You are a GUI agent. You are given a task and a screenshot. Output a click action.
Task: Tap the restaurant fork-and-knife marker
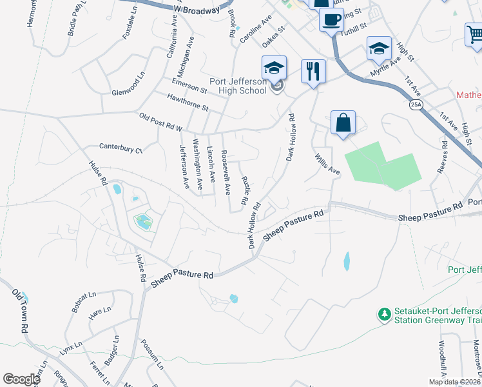[x=314, y=70]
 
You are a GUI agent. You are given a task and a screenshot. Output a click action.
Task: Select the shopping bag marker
[x=343, y=123]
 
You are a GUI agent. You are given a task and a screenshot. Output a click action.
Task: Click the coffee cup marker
[x=331, y=19]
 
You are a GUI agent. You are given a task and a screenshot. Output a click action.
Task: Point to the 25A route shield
[x=416, y=104]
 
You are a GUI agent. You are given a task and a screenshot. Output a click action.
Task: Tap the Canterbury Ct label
[x=121, y=149]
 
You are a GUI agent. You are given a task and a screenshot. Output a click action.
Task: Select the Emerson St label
[x=189, y=86]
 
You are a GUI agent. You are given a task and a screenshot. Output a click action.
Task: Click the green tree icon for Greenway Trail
[x=385, y=314]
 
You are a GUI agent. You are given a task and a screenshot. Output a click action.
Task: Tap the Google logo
[x=21, y=379]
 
